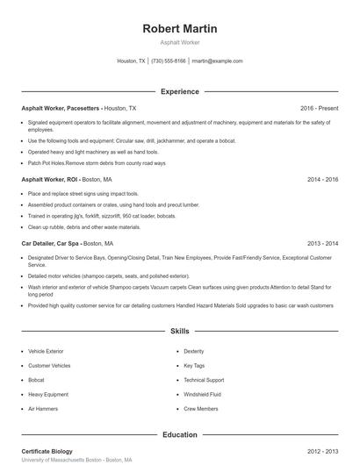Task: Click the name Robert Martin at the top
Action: point(179,29)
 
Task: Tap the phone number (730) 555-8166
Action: point(169,61)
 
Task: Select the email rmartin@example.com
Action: point(217,61)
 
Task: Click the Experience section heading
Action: point(179,91)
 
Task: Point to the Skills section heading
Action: point(179,331)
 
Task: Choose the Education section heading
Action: point(179,434)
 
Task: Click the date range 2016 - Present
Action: point(319,108)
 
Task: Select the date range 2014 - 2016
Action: point(322,179)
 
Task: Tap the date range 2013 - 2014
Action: point(322,243)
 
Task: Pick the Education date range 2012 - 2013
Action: point(322,451)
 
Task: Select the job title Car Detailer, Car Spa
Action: point(51,243)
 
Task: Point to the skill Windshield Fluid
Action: point(202,395)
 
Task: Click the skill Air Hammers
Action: point(43,409)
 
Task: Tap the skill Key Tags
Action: point(194,366)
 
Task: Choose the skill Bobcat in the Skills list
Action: point(37,380)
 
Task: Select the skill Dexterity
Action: point(194,351)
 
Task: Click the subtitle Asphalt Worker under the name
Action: point(179,42)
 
